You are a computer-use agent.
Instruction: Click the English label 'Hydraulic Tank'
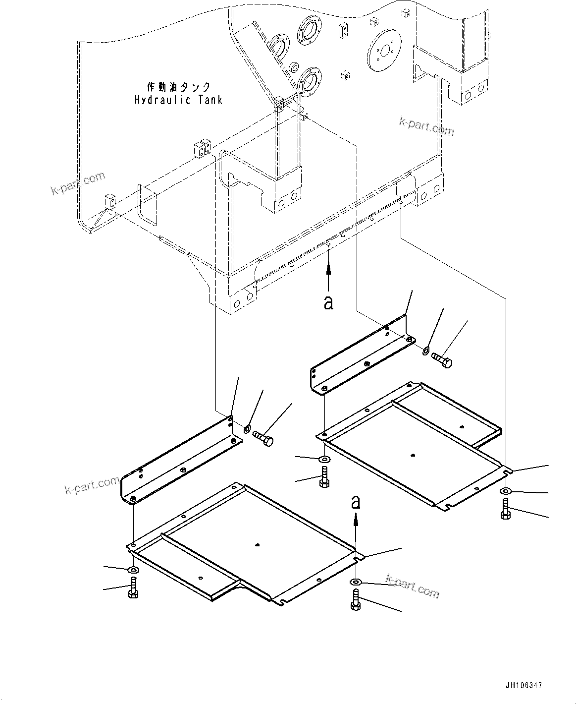click(178, 100)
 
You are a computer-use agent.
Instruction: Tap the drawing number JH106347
click(524, 686)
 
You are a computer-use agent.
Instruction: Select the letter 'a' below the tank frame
click(328, 302)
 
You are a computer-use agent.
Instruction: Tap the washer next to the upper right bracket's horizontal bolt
click(425, 352)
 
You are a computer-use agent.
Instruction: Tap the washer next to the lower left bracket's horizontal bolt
click(247, 428)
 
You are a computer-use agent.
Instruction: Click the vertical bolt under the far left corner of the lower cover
click(133, 589)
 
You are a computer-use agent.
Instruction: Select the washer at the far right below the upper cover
click(505, 491)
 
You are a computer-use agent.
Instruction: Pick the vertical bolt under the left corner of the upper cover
click(324, 478)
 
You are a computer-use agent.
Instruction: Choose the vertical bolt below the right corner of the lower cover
click(356, 600)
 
